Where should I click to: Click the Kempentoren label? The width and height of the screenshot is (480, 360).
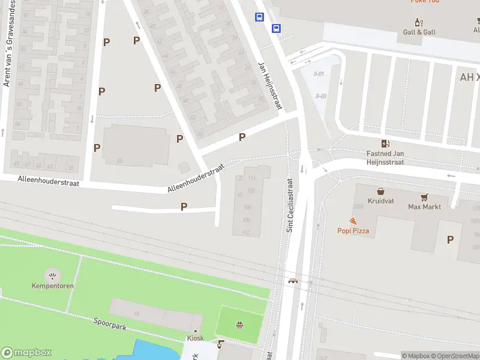[x=53, y=286]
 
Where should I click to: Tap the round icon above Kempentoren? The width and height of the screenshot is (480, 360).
[x=53, y=275]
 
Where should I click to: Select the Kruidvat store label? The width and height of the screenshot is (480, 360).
[x=381, y=200]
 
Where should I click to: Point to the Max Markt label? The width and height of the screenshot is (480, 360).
[x=424, y=207]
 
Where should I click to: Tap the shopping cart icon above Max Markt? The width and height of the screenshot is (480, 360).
[x=424, y=197]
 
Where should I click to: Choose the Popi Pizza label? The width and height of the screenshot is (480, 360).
[x=353, y=230]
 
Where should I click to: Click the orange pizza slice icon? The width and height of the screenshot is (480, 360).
[x=353, y=221]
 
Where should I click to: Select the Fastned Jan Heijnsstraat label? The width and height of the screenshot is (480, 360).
[x=385, y=158]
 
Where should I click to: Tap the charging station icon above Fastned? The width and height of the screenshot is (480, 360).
[x=385, y=143]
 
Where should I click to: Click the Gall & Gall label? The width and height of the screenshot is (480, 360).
[x=419, y=32]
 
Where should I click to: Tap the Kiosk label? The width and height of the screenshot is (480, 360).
[x=195, y=338]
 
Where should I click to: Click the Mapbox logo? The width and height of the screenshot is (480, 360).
[x=26, y=353]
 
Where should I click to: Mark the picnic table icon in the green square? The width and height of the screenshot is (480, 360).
[x=239, y=326]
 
